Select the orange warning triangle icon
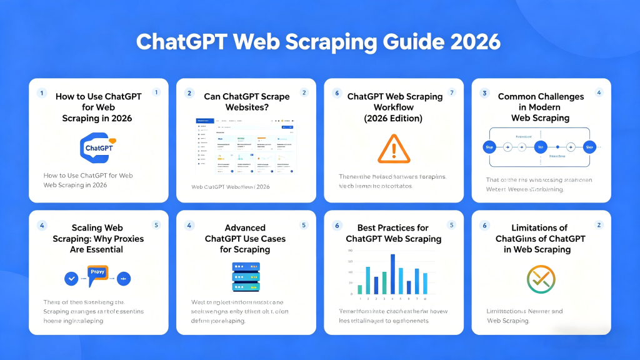pos(392,149)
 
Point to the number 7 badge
pos(452,92)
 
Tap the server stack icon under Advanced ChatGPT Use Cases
pos(246,276)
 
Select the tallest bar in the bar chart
pos(392,274)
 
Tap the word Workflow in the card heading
pos(392,107)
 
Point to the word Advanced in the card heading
pos(246,227)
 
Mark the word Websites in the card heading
pos(246,107)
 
